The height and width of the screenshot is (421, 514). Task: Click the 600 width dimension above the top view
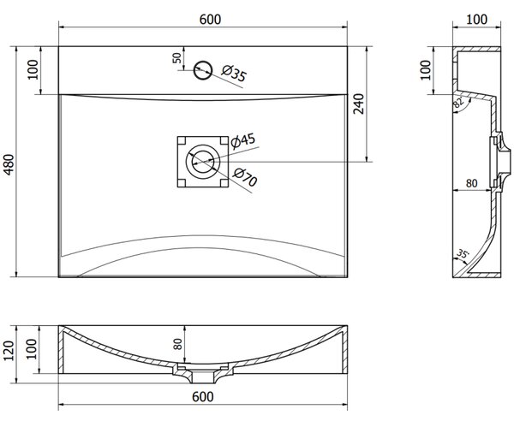pos(210,20)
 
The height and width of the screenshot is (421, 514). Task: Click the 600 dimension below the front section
pos(202,397)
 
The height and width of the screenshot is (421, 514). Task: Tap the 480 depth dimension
pos(9,164)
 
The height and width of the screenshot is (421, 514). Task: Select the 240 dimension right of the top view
pos(359,104)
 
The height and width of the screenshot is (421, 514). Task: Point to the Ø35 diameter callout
pos(234,74)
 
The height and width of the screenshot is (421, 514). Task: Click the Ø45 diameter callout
pos(243,140)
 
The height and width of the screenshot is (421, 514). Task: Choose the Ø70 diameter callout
pos(245,177)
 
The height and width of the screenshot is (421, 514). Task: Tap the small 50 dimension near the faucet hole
pos(176,58)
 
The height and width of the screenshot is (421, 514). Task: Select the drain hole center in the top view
pos(202,162)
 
